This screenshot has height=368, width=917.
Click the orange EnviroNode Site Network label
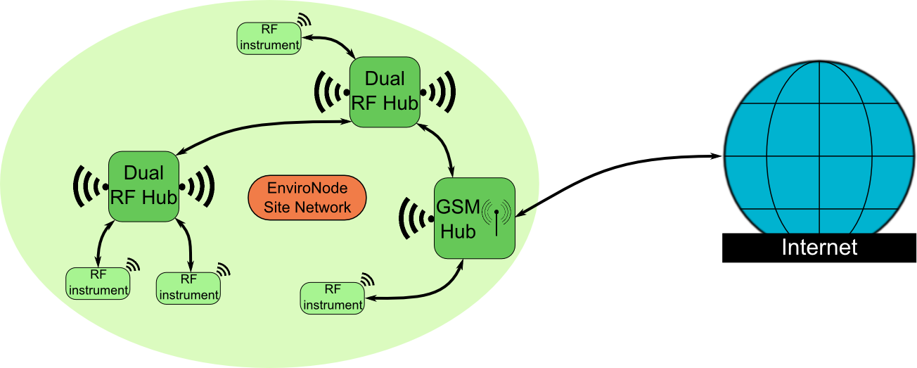click(x=308, y=198)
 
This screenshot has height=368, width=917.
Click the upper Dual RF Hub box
click(x=384, y=92)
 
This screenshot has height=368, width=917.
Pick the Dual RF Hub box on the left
click(x=143, y=186)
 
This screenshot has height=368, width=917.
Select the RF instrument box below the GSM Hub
click(x=332, y=298)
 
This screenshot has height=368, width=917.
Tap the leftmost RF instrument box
click(x=98, y=283)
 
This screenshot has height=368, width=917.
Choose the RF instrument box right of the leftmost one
click(x=188, y=287)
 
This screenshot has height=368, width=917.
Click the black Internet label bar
click(x=819, y=248)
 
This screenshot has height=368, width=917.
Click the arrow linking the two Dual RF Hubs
click(x=260, y=129)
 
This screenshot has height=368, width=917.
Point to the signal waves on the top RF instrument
click(x=304, y=23)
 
